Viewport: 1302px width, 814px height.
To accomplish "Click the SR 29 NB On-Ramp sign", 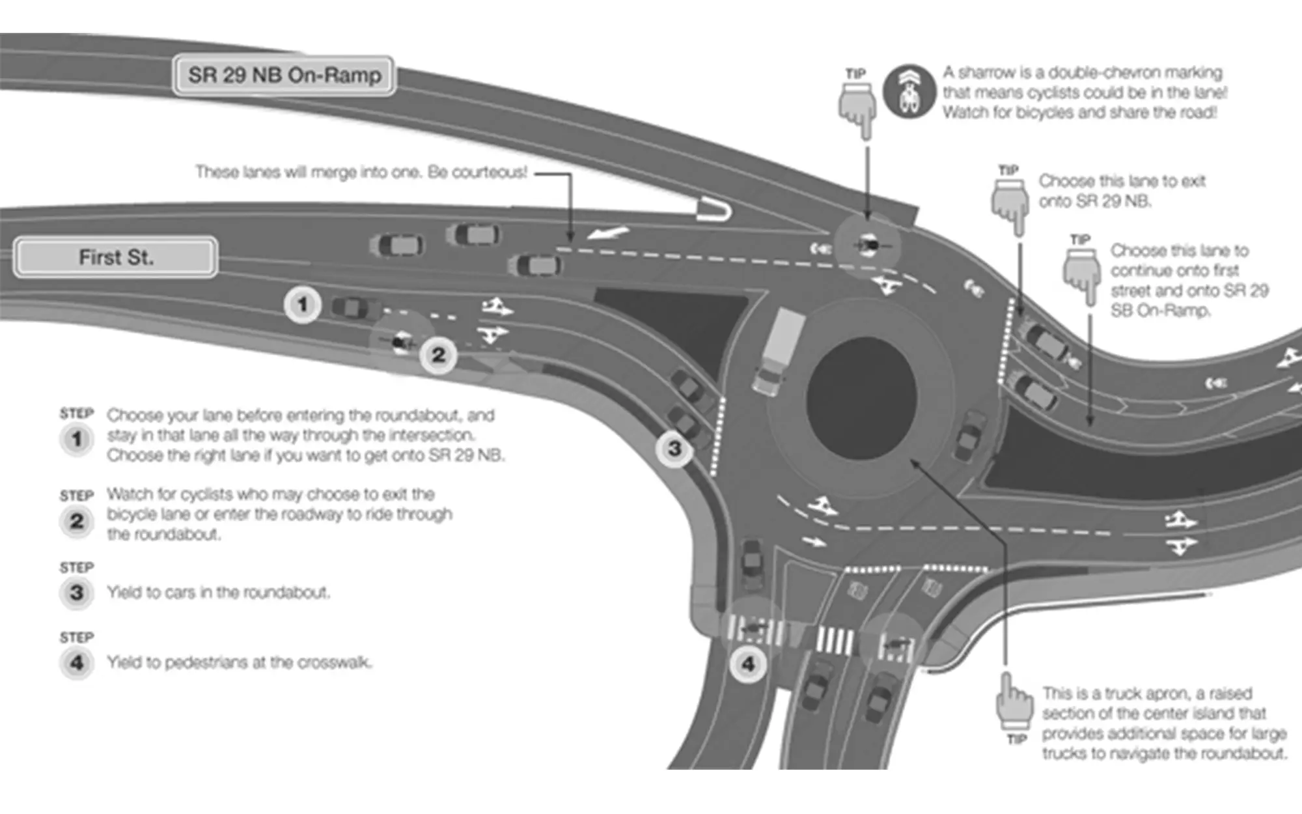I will tap(284, 76).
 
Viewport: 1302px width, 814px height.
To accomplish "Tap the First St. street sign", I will tap(116, 257).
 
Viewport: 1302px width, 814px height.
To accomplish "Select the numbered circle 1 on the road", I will tap(302, 304).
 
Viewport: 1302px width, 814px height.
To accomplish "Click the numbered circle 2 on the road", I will tap(438, 355).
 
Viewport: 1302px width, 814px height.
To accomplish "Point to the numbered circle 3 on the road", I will tap(674, 448).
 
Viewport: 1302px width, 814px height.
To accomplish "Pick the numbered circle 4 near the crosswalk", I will tap(748, 664).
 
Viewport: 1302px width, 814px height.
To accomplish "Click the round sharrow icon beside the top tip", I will tap(910, 92).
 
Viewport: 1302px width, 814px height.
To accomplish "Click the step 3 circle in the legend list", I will tap(77, 593).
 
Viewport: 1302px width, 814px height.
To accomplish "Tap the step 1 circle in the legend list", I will tap(77, 439).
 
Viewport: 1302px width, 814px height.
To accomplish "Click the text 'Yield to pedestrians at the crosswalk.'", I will tap(240, 662).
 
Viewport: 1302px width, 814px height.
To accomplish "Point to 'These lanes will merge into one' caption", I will tap(361, 172).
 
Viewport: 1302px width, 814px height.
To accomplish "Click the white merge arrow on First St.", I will tap(607, 232).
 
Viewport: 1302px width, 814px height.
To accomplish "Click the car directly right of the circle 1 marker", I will tap(355, 307).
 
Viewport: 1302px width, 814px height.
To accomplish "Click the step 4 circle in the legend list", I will tap(77, 663).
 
